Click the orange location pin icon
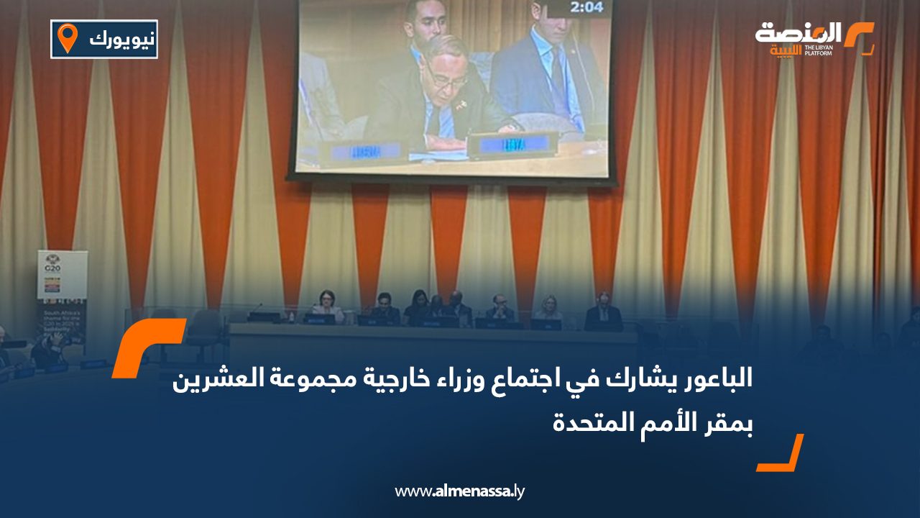[x=68, y=38]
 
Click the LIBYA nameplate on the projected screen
[x=512, y=145]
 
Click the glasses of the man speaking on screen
[x=446, y=79]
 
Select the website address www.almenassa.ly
[x=460, y=491]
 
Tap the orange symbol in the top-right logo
[x=859, y=37]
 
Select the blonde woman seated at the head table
[x=548, y=309]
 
